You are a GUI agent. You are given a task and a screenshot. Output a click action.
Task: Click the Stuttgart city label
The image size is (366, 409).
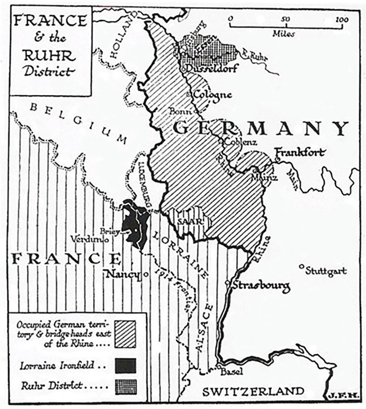pyautogui.click(x=326, y=271)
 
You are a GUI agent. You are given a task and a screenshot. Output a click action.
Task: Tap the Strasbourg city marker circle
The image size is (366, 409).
pyautogui.click(x=228, y=283)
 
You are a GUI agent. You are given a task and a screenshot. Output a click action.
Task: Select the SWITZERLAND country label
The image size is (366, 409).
pyautogui.click(x=253, y=391)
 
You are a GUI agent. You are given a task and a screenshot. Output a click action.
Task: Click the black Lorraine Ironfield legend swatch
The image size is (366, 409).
pyautogui.click(x=125, y=365)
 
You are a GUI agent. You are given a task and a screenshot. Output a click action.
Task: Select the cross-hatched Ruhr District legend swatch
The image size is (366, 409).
pyautogui.click(x=125, y=387)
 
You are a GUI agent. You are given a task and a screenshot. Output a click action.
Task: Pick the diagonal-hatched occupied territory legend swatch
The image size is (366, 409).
pyautogui.click(x=125, y=334)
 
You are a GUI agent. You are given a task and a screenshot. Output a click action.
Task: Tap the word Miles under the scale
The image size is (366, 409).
pyautogui.click(x=283, y=34)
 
